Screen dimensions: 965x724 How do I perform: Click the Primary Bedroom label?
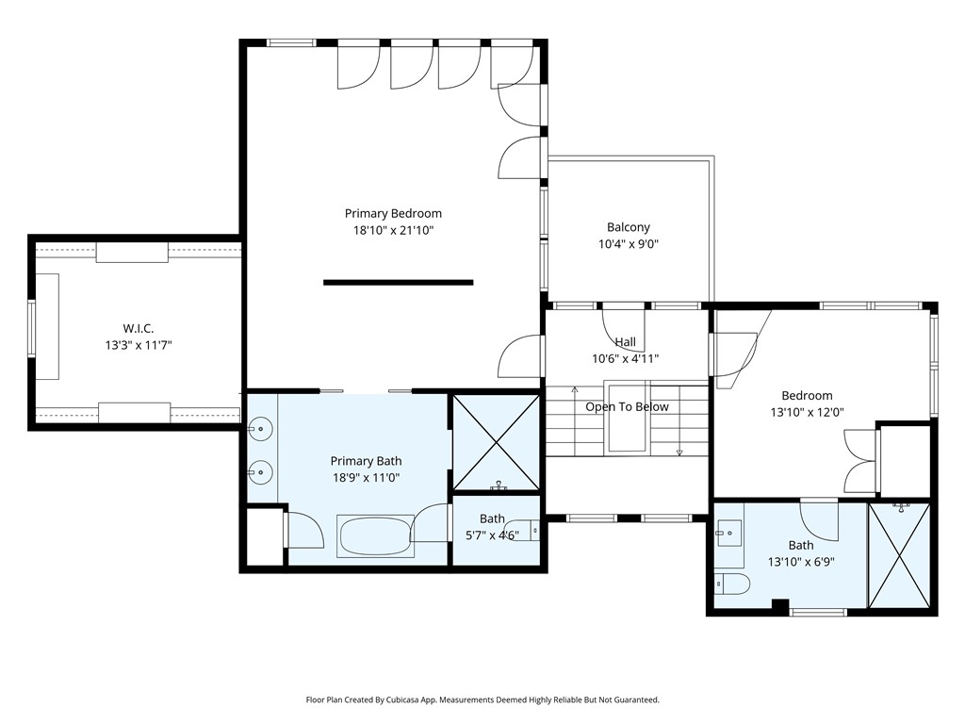(x=393, y=214)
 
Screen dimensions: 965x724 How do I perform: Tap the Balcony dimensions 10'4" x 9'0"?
(x=629, y=244)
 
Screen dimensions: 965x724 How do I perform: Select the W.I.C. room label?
(x=139, y=329)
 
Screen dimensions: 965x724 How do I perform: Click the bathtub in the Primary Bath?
(x=375, y=536)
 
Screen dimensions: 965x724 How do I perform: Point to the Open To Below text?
(x=627, y=406)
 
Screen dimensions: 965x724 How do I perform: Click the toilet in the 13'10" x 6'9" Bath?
(x=732, y=583)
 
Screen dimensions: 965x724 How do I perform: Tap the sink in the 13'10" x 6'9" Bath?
(x=729, y=534)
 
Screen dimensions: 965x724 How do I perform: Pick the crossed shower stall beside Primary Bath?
(x=496, y=443)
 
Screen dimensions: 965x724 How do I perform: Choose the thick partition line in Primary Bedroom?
(x=399, y=283)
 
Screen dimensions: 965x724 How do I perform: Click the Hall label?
(x=626, y=341)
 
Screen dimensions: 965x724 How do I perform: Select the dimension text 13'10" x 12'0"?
(x=807, y=413)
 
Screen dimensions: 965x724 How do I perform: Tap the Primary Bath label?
(x=366, y=461)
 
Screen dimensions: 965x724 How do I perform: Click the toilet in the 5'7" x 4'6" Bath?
(x=522, y=530)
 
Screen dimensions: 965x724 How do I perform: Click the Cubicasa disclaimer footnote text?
(x=482, y=699)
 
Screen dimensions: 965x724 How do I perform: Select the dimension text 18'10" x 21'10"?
(x=393, y=231)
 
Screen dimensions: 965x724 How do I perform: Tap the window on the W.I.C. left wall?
(x=31, y=329)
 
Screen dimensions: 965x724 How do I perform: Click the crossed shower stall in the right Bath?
(x=900, y=555)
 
